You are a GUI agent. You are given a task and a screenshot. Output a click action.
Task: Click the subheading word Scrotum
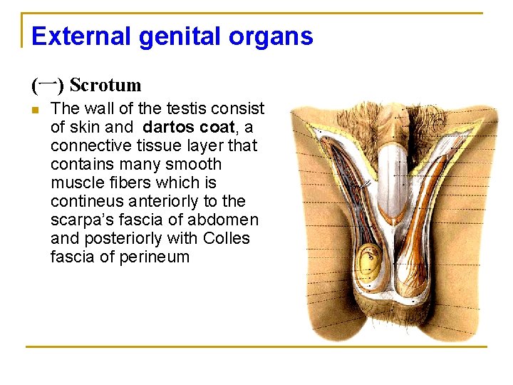pyautogui.click(x=105, y=86)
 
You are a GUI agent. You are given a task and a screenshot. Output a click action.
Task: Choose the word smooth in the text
pyautogui.click(x=195, y=165)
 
